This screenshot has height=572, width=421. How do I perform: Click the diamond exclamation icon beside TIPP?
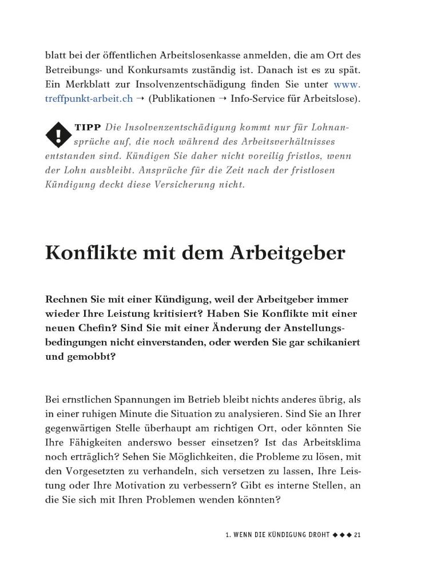point(57,135)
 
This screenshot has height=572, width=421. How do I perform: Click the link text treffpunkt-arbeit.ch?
point(89,98)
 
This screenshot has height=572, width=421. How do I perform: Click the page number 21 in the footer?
point(358,535)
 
